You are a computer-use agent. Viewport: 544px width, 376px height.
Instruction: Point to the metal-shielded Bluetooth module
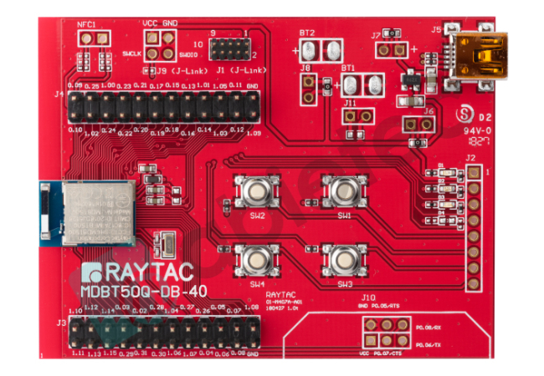click(99, 214)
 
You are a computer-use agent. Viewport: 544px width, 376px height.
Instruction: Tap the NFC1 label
click(88, 26)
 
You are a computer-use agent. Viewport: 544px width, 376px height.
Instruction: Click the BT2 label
click(306, 33)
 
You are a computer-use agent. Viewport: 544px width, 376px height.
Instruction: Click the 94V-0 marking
click(479, 131)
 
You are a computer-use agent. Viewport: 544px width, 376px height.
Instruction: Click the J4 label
click(59, 94)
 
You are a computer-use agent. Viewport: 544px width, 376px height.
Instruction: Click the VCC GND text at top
click(160, 23)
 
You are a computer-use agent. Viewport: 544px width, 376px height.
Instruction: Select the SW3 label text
click(344, 284)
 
